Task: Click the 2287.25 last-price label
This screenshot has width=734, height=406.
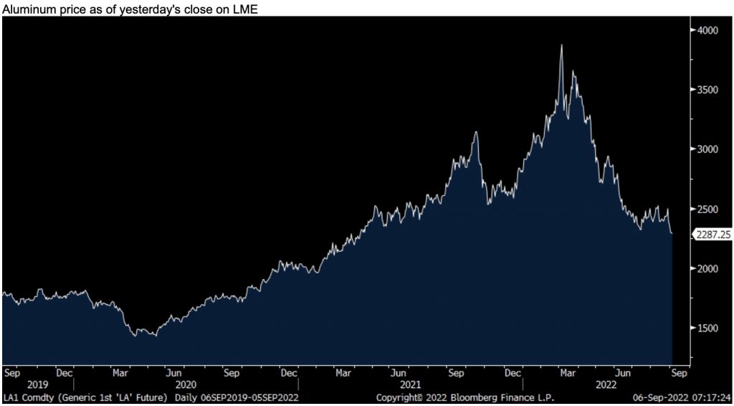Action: click(712, 234)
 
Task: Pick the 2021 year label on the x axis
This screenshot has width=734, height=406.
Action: click(410, 385)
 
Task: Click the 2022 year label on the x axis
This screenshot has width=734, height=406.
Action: click(606, 385)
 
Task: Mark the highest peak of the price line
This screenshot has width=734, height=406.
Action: click(561, 45)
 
